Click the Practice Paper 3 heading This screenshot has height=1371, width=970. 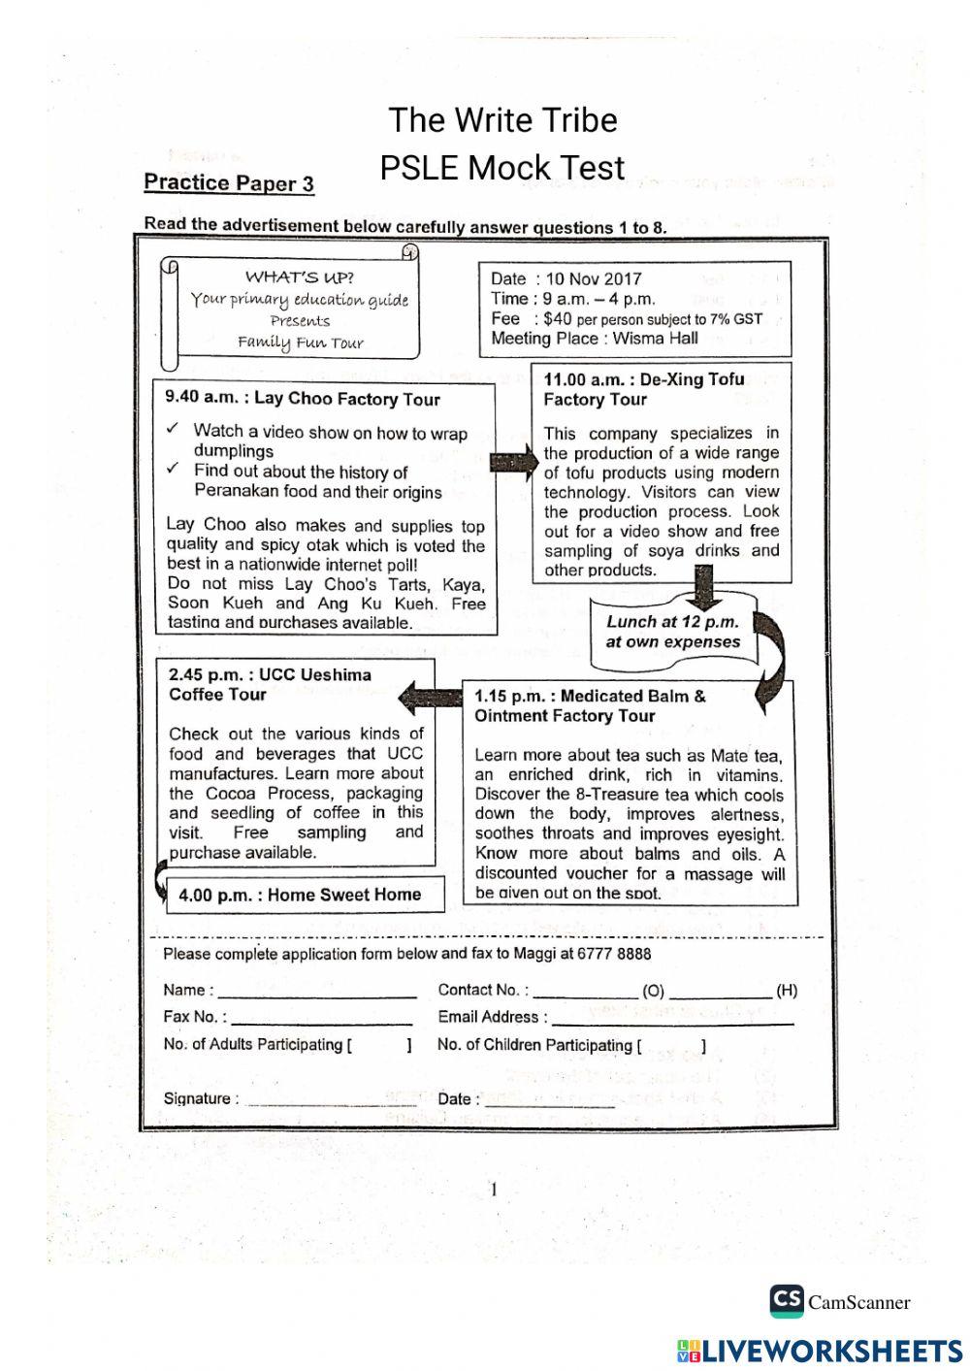pos(229,183)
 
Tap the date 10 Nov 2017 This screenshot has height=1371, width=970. pos(594,279)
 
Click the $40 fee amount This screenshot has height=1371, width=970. pos(558,318)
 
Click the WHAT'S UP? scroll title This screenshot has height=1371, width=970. pos(299,277)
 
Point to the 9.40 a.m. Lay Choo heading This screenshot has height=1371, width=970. pos(303,399)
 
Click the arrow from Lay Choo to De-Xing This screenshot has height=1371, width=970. pos(513,462)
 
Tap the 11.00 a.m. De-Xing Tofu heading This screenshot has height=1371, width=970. pos(644,389)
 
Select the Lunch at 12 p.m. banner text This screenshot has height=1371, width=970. pos(672,632)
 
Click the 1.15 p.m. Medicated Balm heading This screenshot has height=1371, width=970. pos(590,705)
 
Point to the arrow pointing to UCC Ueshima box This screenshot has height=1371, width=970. pos(431,696)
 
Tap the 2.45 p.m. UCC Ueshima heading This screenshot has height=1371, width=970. pos(270,684)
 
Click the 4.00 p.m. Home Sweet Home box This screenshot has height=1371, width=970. pos(300,895)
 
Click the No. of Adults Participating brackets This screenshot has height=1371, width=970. pos(379,1045)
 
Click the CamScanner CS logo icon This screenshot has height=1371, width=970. pos(787,1301)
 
